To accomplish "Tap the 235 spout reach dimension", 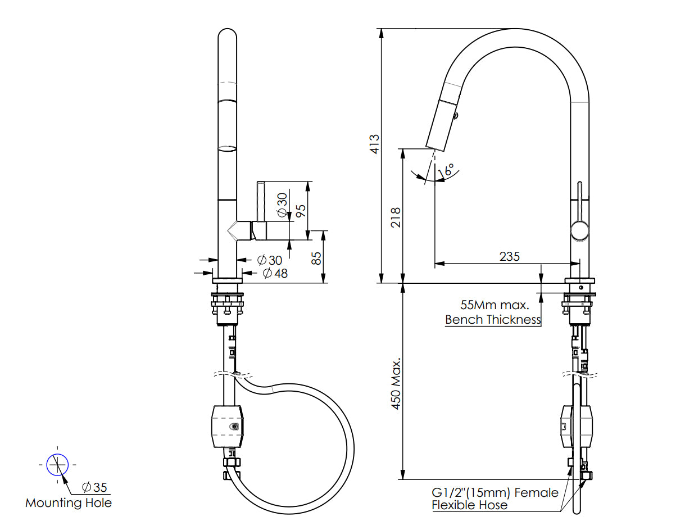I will [509, 256].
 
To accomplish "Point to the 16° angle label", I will [449, 170].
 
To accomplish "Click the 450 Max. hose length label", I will [396, 383].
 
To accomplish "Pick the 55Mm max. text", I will [495, 306].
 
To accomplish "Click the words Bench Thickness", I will [493, 320].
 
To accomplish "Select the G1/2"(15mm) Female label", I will [495, 492].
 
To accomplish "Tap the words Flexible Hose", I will [469, 505].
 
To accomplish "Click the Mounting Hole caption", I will [69, 503].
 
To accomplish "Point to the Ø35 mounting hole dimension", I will [94, 487].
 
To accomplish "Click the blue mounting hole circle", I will [57, 465].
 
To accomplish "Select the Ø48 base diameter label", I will [275, 274].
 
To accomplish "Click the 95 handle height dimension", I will [301, 211].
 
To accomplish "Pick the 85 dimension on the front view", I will [316, 258].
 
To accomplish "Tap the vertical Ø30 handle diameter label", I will [282, 205].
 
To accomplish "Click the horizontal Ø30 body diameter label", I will [269, 260].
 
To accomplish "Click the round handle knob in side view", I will [579, 230].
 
